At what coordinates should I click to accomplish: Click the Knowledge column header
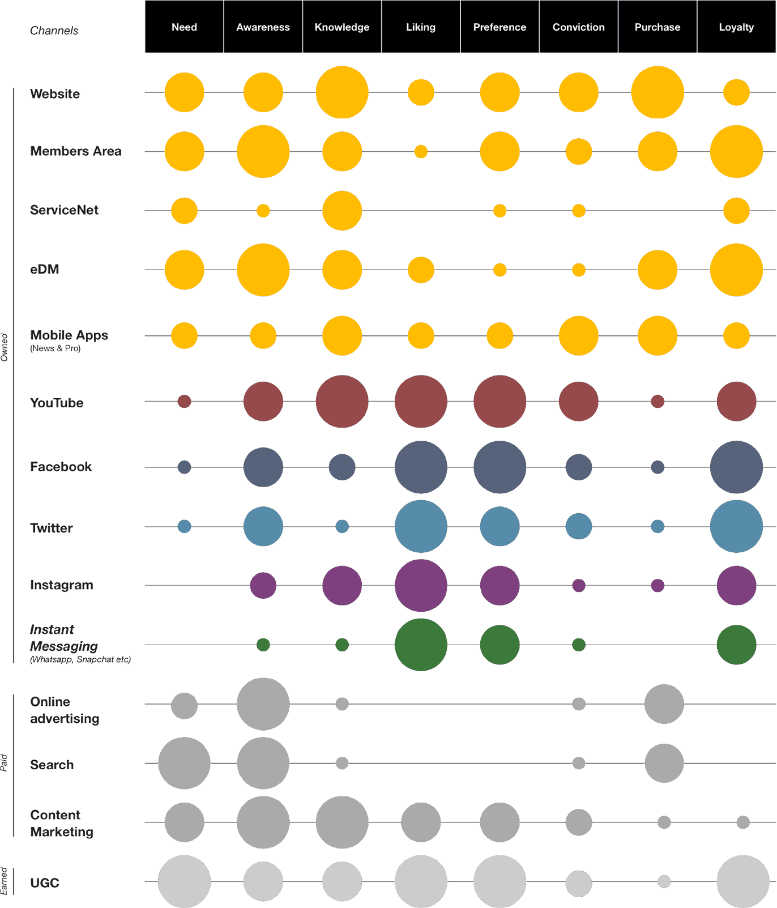tap(342, 27)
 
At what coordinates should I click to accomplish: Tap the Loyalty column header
tap(736, 27)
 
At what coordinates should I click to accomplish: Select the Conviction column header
tap(578, 27)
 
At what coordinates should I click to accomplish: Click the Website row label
tap(55, 94)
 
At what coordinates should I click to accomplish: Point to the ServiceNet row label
tap(64, 210)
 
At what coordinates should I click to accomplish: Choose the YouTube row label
tap(57, 403)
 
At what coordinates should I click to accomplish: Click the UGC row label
tap(45, 883)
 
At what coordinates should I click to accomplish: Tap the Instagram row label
tap(62, 585)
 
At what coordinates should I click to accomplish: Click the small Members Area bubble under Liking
tap(421, 151)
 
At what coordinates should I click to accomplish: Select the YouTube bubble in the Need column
tap(184, 402)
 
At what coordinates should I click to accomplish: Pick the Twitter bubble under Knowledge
tap(342, 526)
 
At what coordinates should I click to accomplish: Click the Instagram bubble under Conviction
tap(578, 585)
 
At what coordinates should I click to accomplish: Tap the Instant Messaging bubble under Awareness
tap(263, 645)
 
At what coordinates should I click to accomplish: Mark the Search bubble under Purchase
tap(664, 763)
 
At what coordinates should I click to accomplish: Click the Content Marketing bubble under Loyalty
tap(743, 822)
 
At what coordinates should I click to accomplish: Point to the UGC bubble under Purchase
tap(664, 881)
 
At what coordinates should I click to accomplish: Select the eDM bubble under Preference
tap(499, 270)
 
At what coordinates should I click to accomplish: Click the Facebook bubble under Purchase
tap(658, 467)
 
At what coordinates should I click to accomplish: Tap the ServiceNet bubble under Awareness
tap(263, 211)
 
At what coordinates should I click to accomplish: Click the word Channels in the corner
tap(54, 31)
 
